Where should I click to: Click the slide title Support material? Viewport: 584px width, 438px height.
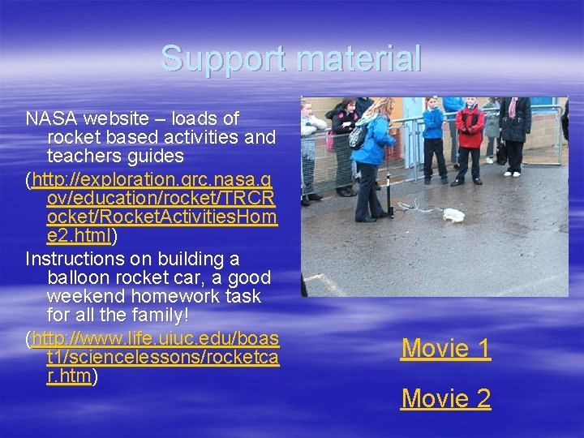coord(291,58)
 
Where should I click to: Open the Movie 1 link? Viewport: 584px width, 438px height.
coord(445,349)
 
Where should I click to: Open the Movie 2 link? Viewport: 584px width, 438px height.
coord(445,399)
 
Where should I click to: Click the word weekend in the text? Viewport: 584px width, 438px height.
coord(82,297)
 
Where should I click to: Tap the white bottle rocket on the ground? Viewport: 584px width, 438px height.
coord(454,215)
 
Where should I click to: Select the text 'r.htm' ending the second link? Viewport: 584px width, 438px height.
coord(70,376)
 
